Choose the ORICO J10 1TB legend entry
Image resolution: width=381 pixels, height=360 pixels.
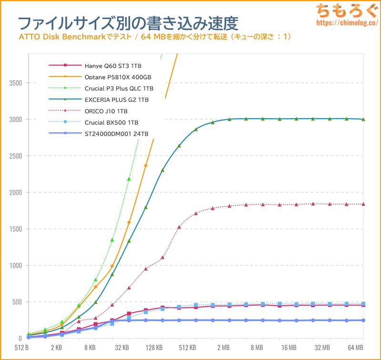point(106,111)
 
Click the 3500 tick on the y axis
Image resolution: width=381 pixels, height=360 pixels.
point(16,83)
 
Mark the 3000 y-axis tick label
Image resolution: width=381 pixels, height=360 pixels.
point(16,120)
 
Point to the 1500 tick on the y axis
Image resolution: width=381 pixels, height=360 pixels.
point(16,229)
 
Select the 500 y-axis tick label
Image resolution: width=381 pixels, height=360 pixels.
point(17,302)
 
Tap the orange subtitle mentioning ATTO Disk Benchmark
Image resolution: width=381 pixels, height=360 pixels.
point(155,37)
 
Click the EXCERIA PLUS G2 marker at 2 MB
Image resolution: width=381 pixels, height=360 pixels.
point(229,120)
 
